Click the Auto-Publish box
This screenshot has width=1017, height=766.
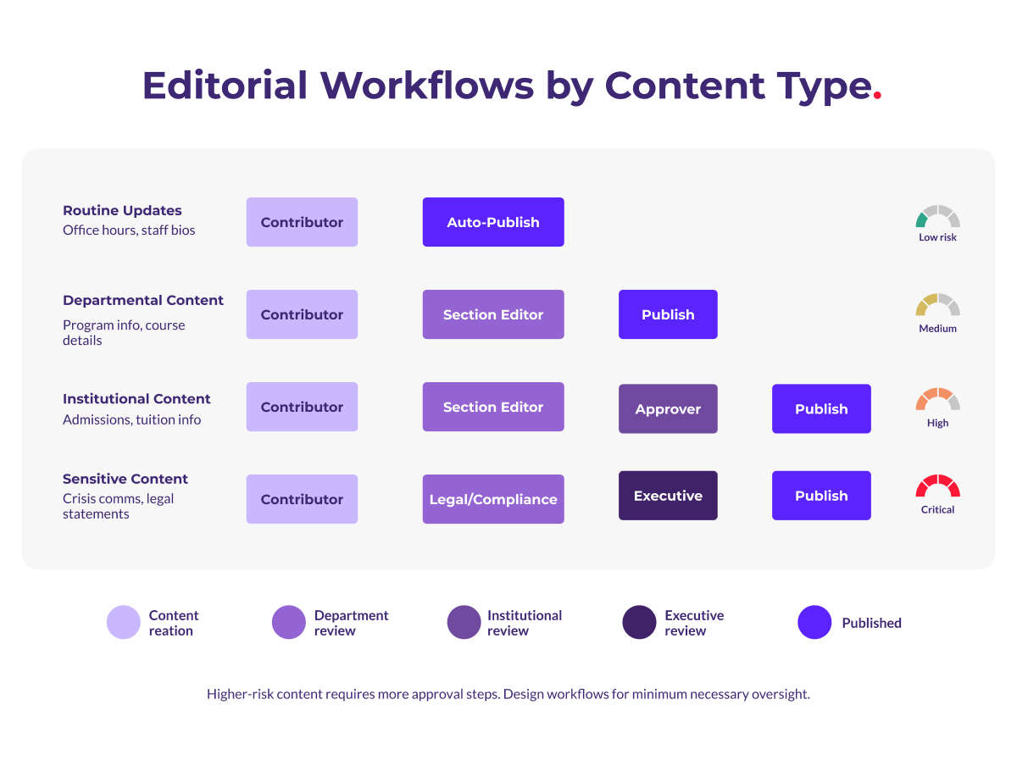[x=493, y=222]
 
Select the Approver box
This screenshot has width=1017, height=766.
[x=668, y=408]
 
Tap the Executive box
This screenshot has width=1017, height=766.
[x=668, y=496]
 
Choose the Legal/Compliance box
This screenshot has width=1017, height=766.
[x=493, y=499]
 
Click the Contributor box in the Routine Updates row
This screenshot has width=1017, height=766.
[x=302, y=222]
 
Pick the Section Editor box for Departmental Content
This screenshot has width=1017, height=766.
[x=493, y=314]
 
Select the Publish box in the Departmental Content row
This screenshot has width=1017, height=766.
[x=668, y=314]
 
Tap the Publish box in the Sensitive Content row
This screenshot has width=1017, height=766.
[x=821, y=496]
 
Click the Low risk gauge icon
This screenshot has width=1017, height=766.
[x=937, y=217]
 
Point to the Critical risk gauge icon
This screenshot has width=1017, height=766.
[x=937, y=486]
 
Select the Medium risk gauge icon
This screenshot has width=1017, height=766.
[x=937, y=305]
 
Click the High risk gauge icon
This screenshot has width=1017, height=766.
[x=937, y=399]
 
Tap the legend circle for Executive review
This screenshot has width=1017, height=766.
[x=639, y=623]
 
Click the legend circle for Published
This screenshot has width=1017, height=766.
[x=814, y=623]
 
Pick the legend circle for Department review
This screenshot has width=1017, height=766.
[x=288, y=623]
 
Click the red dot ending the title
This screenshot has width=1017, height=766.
[x=877, y=96]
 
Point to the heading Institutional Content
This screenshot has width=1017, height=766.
[x=136, y=398]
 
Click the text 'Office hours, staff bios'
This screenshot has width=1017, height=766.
[x=129, y=230]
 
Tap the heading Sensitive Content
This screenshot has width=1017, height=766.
[x=125, y=479]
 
